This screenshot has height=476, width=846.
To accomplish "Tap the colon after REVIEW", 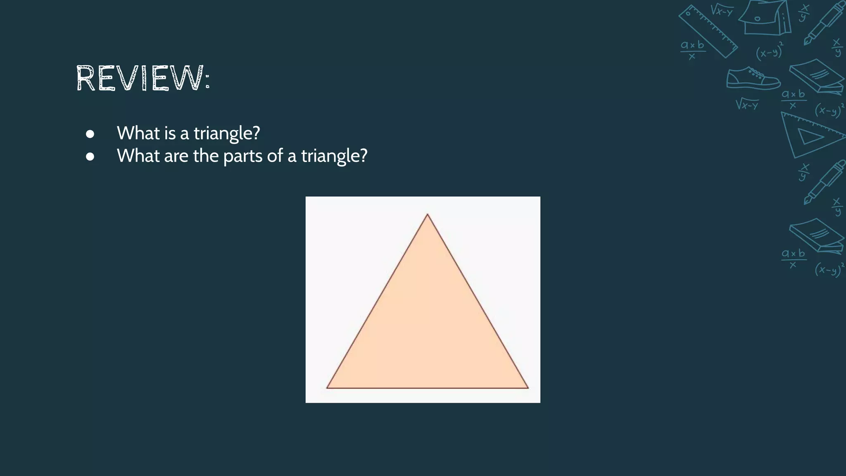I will [x=207, y=79].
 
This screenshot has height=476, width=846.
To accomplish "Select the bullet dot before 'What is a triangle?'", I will [x=90, y=134].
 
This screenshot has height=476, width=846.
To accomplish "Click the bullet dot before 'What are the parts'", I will [x=90, y=157].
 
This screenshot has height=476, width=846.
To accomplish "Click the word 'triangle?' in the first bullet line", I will [x=227, y=133].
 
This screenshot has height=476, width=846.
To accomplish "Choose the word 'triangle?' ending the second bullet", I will [x=334, y=156].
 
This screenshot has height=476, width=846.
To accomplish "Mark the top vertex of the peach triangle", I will [x=428, y=214].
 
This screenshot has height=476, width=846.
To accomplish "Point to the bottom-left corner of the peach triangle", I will [x=327, y=388].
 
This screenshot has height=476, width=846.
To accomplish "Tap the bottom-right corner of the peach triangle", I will [x=528, y=388].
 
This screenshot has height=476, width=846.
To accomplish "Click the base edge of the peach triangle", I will [x=428, y=388].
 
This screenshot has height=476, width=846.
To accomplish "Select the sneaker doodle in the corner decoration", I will [x=753, y=79].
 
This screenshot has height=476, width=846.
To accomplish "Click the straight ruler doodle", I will [x=708, y=31].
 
